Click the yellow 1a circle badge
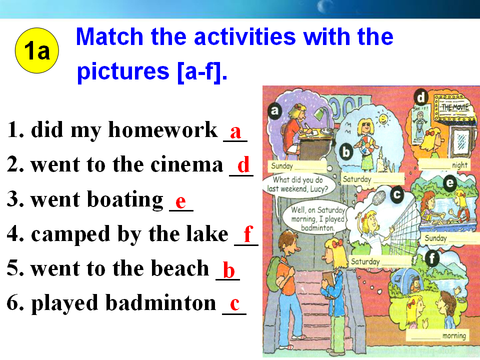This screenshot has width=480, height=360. coord(36,50)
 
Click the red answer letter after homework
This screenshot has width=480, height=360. coord(235,132)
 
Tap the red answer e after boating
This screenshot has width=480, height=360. coord(180,201)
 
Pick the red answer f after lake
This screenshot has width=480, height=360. coord(248,233)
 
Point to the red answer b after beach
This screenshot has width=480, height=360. coord(228,269)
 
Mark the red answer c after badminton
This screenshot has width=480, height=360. coord(234,303)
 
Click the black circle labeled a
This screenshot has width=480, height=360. coord(275,110)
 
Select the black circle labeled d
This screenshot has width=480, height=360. coord(421,97)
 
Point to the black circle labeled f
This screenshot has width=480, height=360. coord(432,258)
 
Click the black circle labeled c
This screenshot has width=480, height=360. coord(397,194)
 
